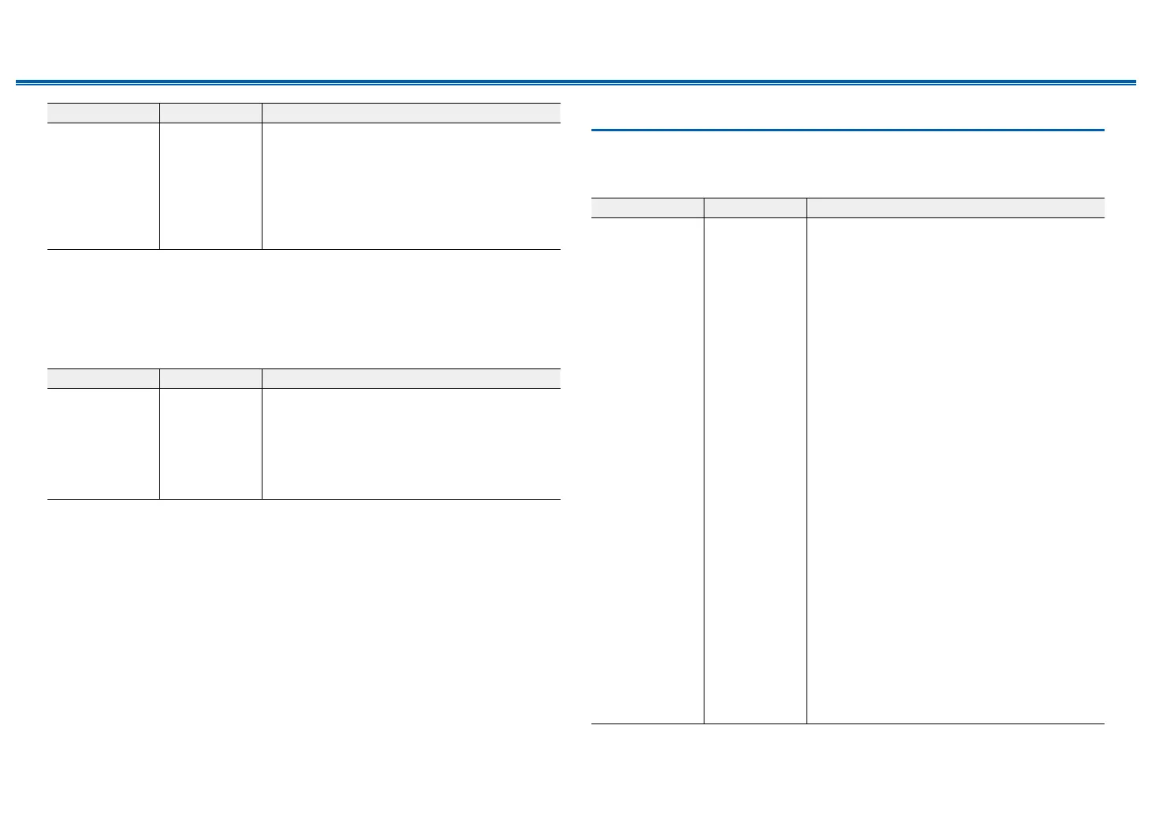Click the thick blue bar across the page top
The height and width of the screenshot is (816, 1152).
click(576, 81)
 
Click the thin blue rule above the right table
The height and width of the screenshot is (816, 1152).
click(848, 130)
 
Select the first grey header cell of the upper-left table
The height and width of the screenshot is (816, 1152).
click(103, 113)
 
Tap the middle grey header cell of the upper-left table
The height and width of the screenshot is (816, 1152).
click(210, 113)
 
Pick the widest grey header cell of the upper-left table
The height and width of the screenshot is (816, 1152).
click(411, 113)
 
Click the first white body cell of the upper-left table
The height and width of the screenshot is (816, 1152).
click(103, 186)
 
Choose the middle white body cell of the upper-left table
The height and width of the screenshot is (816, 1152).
click(210, 186)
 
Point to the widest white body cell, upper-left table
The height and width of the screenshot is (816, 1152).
click(411, 186)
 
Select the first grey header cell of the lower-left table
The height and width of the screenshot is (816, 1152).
click(103, 378)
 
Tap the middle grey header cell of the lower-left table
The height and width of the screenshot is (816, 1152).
click(210, 378)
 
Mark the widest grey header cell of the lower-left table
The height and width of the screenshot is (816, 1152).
click(411, 378)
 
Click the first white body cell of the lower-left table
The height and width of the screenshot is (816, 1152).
click(103, 444)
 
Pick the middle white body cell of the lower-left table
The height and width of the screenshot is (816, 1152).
click(210, 444)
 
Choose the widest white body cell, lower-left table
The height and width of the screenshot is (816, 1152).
click(411, 444)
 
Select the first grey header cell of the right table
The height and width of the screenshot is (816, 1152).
click(648, 207)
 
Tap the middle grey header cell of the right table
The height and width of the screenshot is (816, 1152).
click(755, 207)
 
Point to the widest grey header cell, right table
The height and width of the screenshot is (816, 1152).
click(955, 207)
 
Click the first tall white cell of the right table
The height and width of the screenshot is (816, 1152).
click(648, 470)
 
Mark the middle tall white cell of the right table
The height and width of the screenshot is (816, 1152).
click(755, 470)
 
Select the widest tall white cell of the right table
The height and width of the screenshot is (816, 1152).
click(955, 470)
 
